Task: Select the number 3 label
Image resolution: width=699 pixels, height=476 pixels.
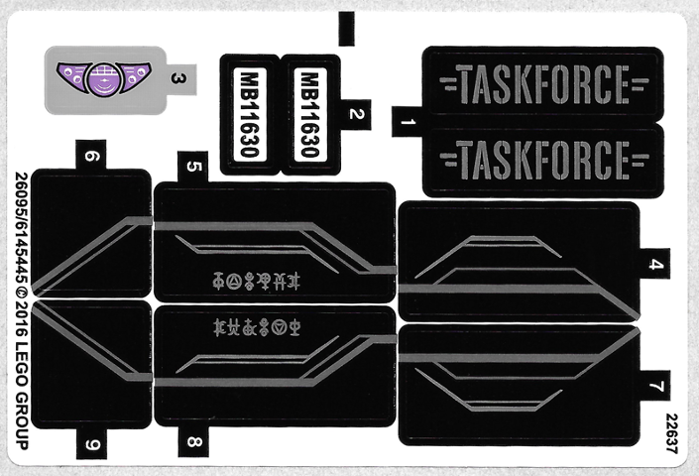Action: (x=177, y=77)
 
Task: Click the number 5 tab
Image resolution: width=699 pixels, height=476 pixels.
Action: (x=193, y=167)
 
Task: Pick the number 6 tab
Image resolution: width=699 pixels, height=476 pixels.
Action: (x=92, y=156)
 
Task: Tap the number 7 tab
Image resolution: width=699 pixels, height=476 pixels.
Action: (x=654, y=385)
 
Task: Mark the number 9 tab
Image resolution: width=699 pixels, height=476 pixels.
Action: (x=92, y=443)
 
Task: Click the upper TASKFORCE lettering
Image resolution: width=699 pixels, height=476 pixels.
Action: (x=542, y=79)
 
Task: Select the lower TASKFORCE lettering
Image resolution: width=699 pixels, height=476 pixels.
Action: (x=542, y=157)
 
